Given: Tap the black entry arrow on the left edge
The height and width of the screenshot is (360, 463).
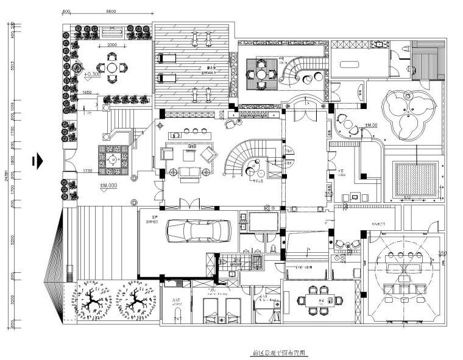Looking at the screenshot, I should point(38,160).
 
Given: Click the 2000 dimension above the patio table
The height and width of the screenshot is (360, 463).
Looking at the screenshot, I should point(113,46).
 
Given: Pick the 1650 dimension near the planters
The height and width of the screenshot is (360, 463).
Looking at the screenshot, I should point(87,92).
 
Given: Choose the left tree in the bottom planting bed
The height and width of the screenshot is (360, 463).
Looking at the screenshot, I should point(95,302).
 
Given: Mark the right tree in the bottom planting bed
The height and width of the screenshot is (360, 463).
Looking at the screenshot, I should point(135,302).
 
